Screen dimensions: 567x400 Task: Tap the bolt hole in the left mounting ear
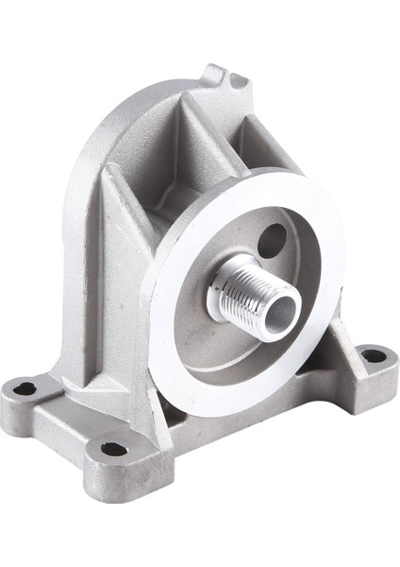(26, 387)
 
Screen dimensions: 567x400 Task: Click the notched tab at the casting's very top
(215, 74)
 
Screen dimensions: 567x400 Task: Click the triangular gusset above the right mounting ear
(349, 354)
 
